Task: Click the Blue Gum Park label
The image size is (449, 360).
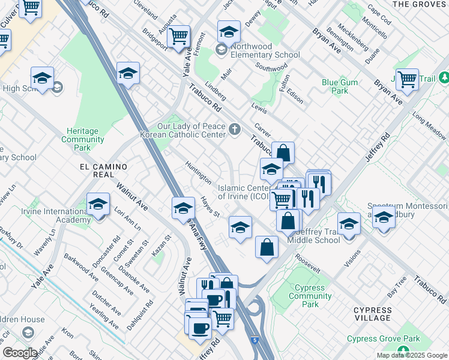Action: [340, 87]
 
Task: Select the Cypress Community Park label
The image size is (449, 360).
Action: [310, 296]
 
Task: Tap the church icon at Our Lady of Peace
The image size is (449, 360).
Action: [235, 128]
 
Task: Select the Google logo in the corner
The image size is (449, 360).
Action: [20, 353]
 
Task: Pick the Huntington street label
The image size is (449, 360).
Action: [198, 173]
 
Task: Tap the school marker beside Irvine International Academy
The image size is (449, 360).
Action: [98, 206]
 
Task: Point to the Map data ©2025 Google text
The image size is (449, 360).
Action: [411, 355]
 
